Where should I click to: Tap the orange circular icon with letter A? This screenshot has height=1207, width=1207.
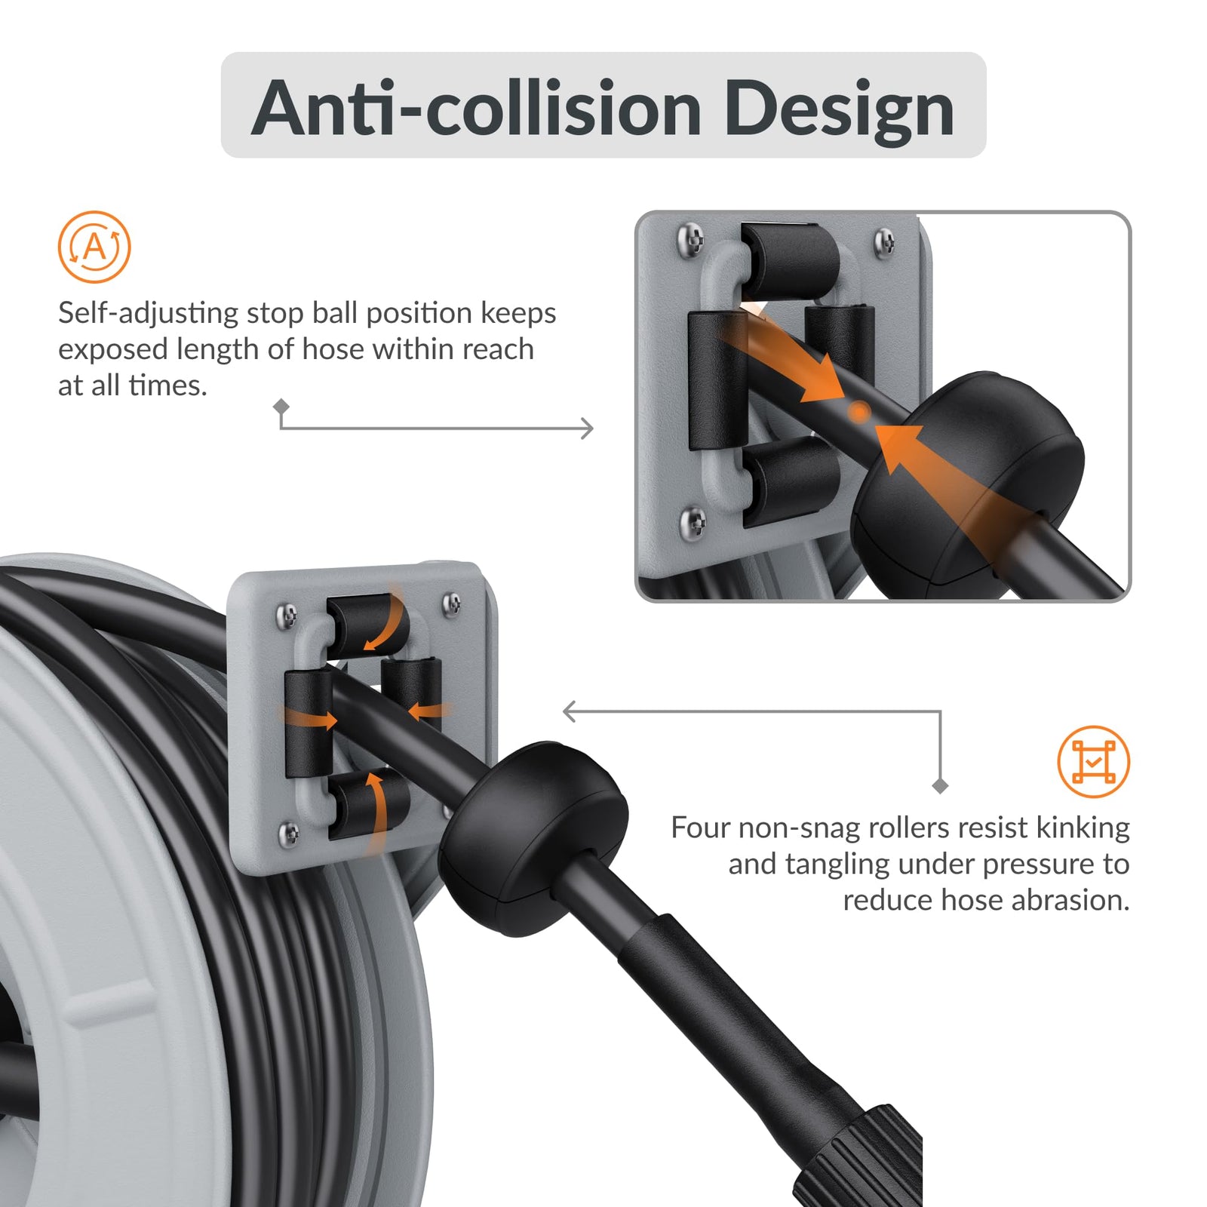pos(94,247)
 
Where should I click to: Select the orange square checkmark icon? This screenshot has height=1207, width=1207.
pos(1093,761)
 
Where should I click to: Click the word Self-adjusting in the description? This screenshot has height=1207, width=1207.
pos(148,313)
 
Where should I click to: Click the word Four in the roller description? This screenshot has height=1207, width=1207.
pos(699,828)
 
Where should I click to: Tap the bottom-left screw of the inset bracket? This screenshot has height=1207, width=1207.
pos(693,521)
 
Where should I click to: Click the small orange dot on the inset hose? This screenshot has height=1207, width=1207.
pos(859,412)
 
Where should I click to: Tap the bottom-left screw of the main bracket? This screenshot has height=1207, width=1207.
pos(289,834)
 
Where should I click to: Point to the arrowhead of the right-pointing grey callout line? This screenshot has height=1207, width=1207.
pos(588,428)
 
